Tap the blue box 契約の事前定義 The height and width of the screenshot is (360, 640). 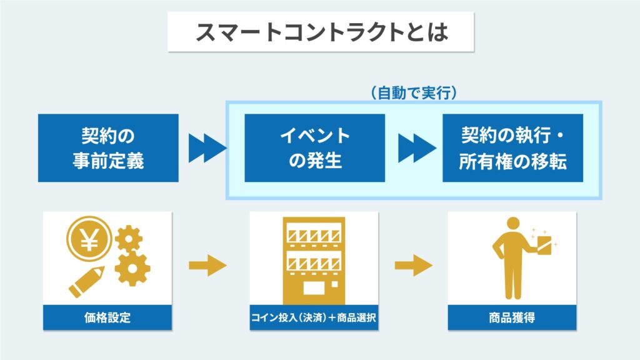tap(108, 147)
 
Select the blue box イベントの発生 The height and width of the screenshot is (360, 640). tap(315, 147)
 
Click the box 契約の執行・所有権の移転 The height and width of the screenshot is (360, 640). tap(512, 147)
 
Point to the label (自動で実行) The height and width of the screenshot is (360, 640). tap(414, 93)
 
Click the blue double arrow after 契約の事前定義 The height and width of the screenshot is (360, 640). tap(207, 147)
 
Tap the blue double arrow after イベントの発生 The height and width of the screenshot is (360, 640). tap(417, 147)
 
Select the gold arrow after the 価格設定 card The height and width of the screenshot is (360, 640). tap(207, 266)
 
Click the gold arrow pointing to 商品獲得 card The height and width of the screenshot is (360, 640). tap(414, 266)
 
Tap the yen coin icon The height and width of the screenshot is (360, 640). tap(89, 239)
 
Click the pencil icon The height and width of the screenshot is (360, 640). tap(86, 282)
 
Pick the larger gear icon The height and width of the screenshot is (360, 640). tap(132, 268)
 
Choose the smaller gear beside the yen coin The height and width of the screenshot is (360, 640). tap(129, 238)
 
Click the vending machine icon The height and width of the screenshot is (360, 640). tap(314, 261)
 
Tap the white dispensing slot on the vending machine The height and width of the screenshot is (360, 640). tap(314, 288)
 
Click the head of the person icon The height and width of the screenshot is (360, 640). tap(512, 224)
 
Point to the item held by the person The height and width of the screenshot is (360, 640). tap(544, 245)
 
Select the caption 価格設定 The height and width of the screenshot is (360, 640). tap(107, 317)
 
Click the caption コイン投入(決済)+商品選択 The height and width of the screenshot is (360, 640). tap(314, 317)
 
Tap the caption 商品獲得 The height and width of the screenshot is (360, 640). tap(512, 317)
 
